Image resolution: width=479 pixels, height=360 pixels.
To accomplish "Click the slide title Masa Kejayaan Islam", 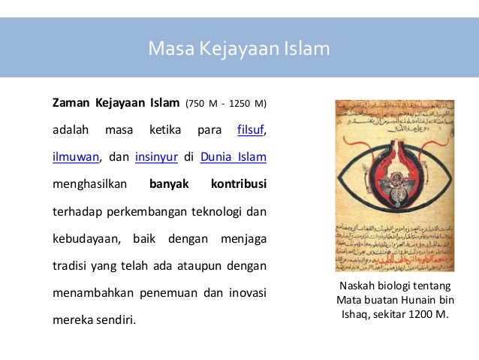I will point(239,50).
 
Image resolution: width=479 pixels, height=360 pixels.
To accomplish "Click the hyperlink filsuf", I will point(251,129).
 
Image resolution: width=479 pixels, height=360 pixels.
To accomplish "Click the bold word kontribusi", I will point(238,184).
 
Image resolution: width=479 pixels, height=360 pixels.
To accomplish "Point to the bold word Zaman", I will point(69,102).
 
